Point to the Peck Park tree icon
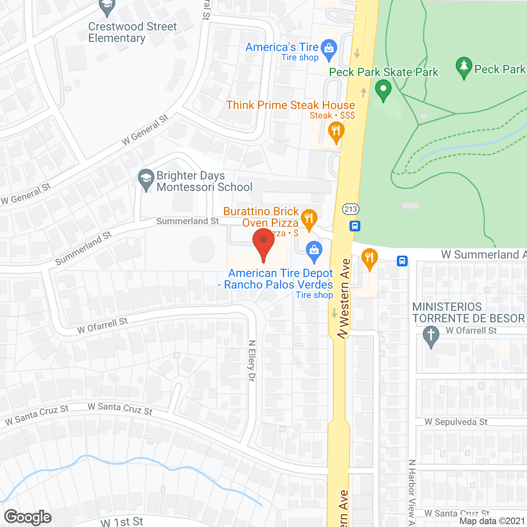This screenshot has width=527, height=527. click(464, 67)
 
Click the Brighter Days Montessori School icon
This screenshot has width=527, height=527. click(146, 179)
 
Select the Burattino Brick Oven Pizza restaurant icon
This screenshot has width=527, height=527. click(309, 218)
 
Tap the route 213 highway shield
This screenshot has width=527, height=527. click(351, 209)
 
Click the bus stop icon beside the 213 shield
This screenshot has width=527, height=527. click(355, 226)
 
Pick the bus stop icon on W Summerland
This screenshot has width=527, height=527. click(402, 261)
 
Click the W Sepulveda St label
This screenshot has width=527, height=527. click(456, 422)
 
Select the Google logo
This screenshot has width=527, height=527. click(28, 517)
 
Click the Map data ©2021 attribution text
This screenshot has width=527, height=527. click(492, 521)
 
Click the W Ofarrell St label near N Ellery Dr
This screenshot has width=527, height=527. click(103, 326)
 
